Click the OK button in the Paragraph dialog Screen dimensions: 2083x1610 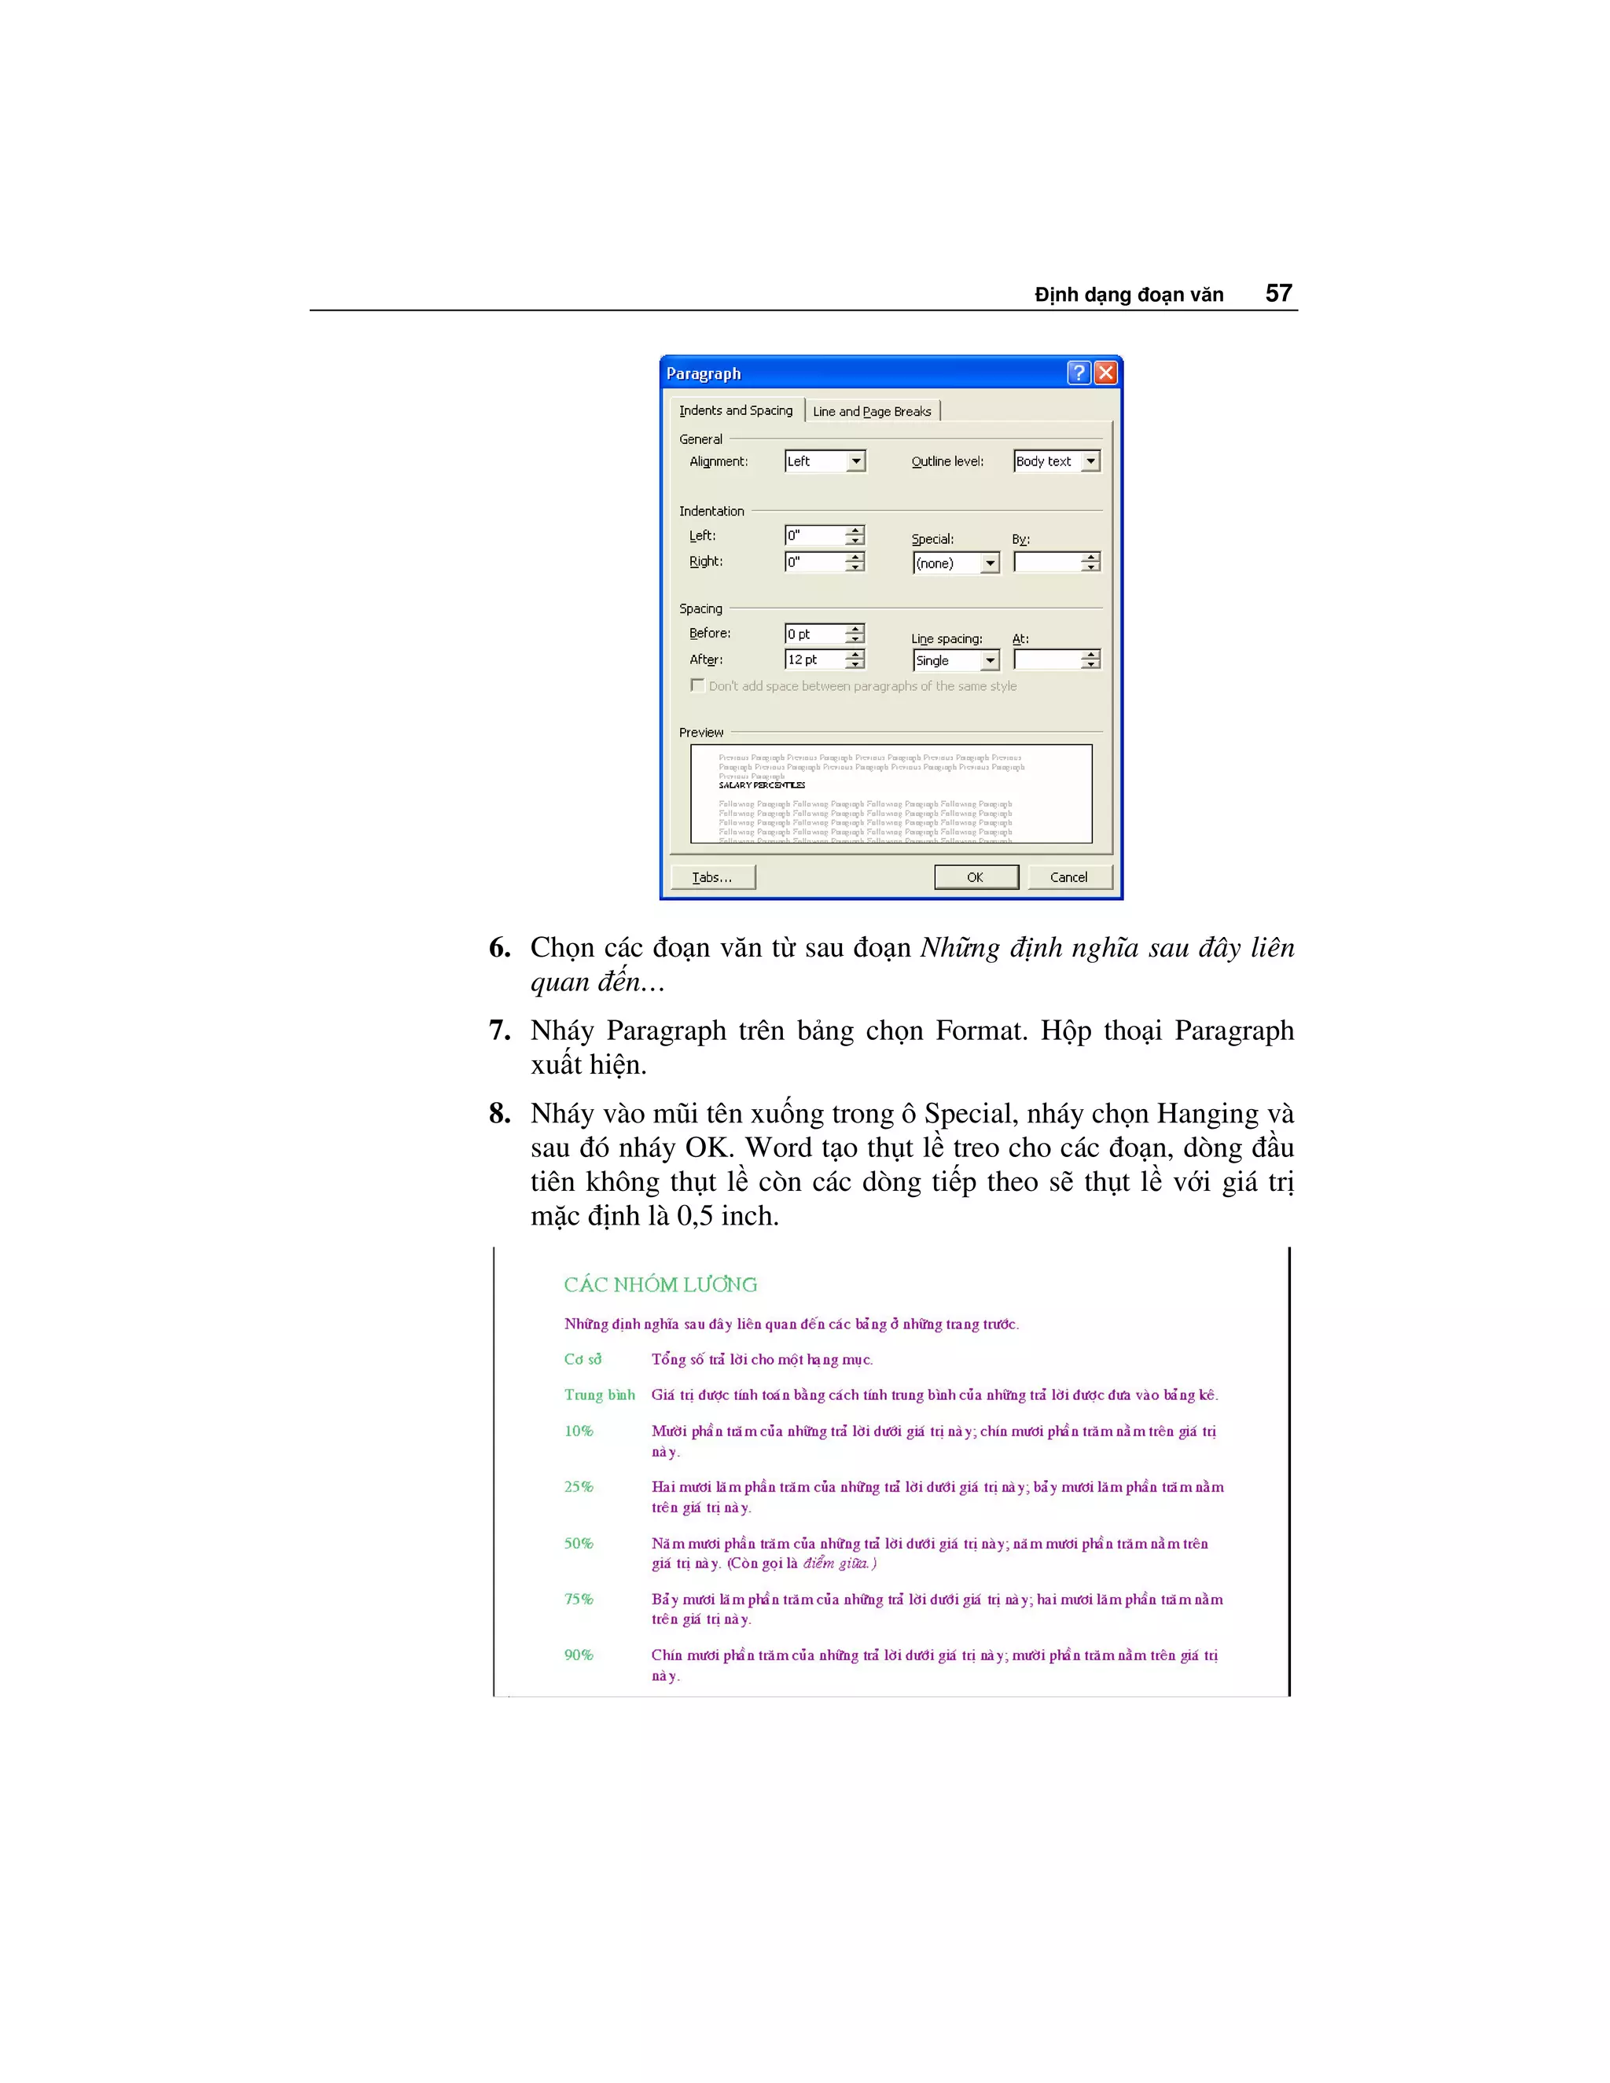[x=976, y=877]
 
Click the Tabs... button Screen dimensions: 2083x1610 [x=712, y=877]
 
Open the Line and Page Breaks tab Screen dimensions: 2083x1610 [x=872, y=411]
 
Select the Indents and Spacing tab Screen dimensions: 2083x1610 [x=735, y=410]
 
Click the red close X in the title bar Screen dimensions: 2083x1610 [x=1105, y=373]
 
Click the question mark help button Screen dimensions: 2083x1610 [x=1078, y=373]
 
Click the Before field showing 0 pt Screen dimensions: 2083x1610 [x=814, y=634]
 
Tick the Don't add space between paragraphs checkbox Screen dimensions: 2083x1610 [x=697, y=685]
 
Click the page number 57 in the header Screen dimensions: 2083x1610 [x=1278, y=294]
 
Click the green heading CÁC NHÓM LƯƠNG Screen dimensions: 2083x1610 [x=660, y=1284]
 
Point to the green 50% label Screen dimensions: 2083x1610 [x=578, y=1543]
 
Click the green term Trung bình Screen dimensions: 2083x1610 [x=599, y=1394]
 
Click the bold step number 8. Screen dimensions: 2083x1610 [x=499, y=1114]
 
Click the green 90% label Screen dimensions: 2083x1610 [x=578, y=1655]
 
